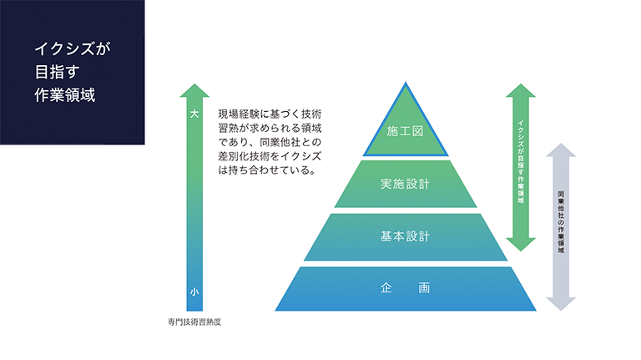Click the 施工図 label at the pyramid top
pyautogui.click(x=405, y=131)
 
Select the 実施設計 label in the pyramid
pyautogui.click(x=405, y=184)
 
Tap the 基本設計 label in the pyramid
pyautogui.click(x=405, y=236)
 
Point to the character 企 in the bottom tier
pyautogui.click(x=386, y=288)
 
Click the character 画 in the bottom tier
pyautogui.click(x=424, y=288)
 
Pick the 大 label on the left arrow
pyautogui.click(x=194, y=114)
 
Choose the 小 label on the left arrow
pyautogui.click(x=194, y=292)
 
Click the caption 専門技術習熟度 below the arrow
pyautogui.click(x=194, y=322)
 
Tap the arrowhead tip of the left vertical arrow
pyautogui.click(x=194, y=84)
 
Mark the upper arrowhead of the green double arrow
pyautogui.click(x=521, y=90)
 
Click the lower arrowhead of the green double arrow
pyautogui.click(x=521, y=245)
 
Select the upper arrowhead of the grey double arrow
pyautogui.click(x=561, y=150)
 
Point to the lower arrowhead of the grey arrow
pyautogui.click(x=561, y=304)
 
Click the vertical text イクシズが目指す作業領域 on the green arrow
pyautogui.click(x=521, y=161)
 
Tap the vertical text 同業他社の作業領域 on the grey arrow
pyautogui.click(x=561, y=221)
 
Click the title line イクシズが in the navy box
pyautogui.click(x=73, y=48)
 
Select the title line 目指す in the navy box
pyautogui.click(x=57, y=72)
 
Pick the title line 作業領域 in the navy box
pyautogui.click(x=64, y=95)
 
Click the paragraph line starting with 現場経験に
pyautogui.click(x=270, y=114)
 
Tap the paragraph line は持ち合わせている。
pyautogui.click(x=267, y=170)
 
